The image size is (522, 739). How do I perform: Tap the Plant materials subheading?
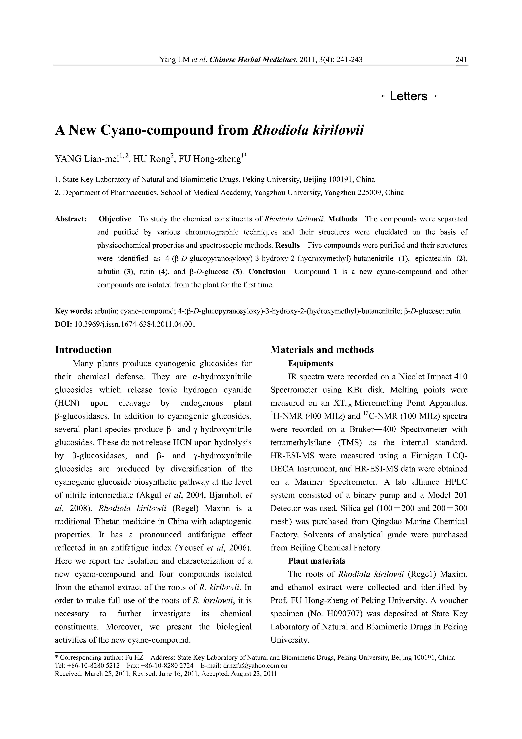(x=316, y=561)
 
